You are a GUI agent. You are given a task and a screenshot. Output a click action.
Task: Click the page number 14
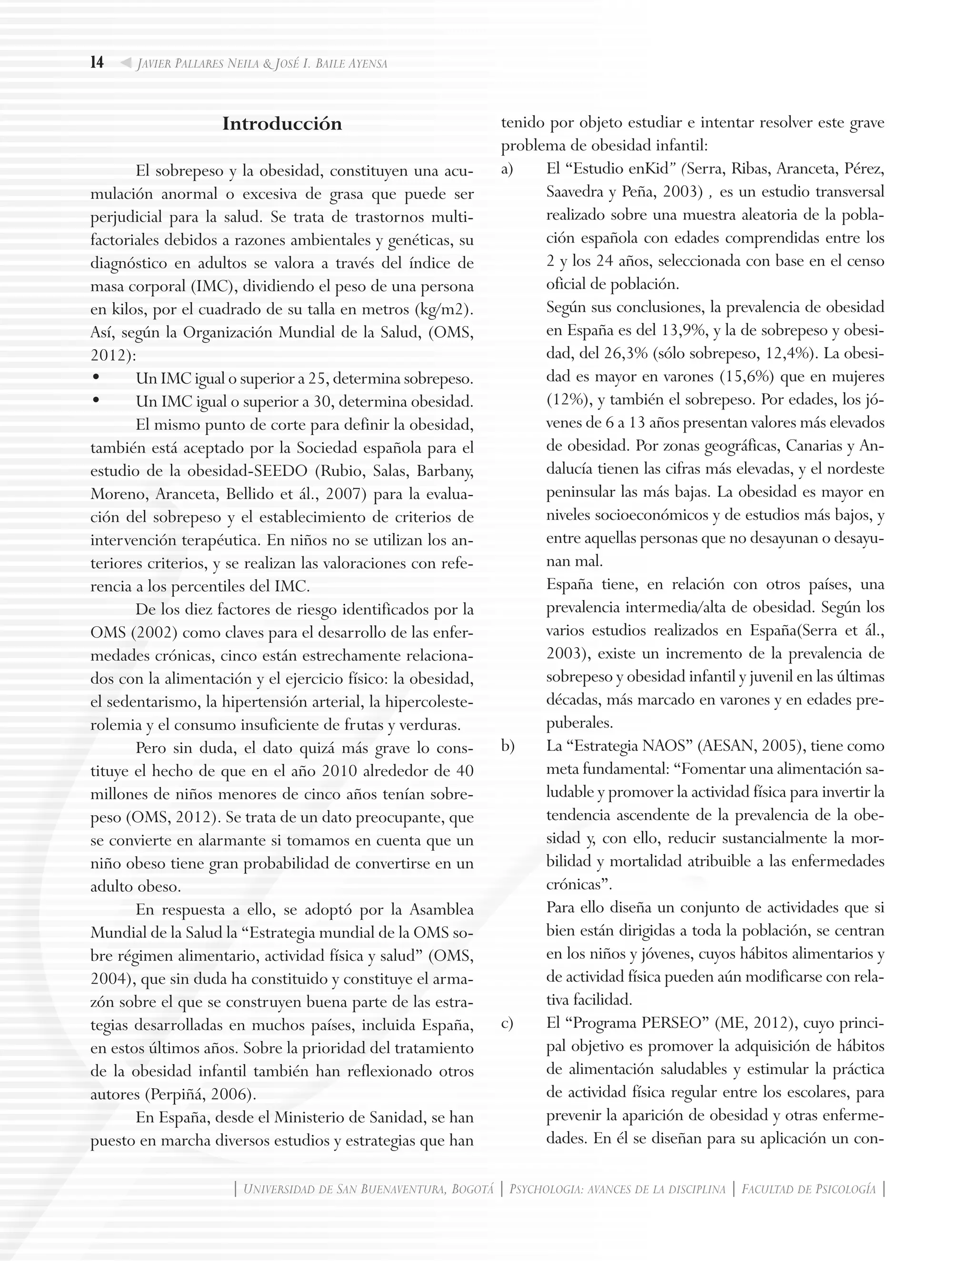[x=97, y=62]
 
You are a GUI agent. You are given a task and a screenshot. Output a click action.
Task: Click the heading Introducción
[x=282, y=124]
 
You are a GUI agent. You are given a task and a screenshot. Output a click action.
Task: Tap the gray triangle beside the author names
[x=125, y=63]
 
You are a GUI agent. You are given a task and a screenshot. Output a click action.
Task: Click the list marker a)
[x=507, y=169]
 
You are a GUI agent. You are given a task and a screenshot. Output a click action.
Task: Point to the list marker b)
[x=507, y=746]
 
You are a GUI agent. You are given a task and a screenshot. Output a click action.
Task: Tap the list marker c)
[x=507, y=1023]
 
